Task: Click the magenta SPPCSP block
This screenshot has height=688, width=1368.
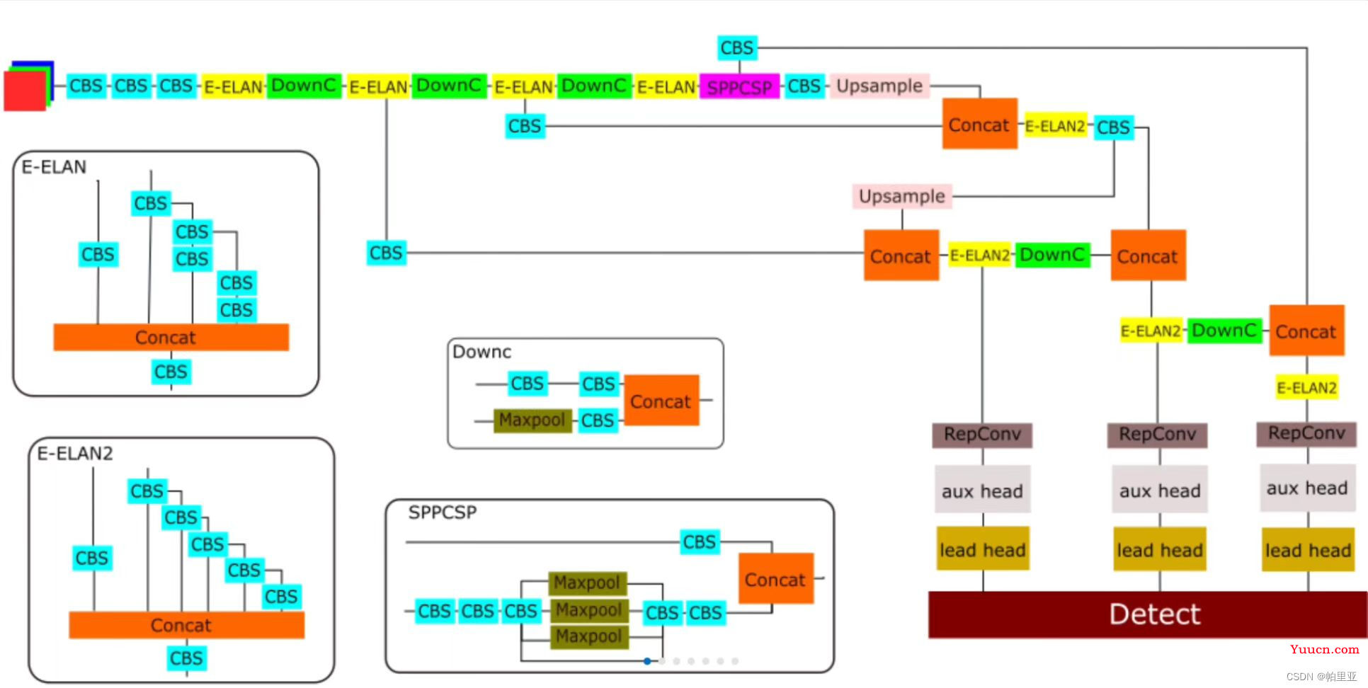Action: coord(739,87)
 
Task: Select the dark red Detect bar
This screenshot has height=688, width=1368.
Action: coord(1147,614)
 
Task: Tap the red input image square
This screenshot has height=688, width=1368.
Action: coord(24,91)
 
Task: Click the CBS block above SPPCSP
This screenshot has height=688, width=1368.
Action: coord(737,48)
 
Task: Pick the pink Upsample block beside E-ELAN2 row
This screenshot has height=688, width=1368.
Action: coord(902,196)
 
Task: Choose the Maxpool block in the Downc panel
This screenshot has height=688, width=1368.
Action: coord(532,420)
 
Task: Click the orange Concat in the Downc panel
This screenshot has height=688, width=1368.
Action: coord(661,401)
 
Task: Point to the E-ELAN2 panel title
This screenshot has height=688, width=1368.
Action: coord(75,454)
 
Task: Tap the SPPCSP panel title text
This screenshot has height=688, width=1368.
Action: coord(443,512)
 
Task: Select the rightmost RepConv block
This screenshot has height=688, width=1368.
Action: coord(1306,433)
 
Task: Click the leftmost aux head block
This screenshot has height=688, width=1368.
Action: coord(982,491)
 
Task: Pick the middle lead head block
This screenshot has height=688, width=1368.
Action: coord(1159,550)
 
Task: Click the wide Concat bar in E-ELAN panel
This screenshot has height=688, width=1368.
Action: coord(171,338)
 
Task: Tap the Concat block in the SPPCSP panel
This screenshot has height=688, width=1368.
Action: coord(775,580)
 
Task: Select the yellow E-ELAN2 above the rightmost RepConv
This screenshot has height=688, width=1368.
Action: coord(1306,388)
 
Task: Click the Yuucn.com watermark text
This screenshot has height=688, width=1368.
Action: coord(1324,649)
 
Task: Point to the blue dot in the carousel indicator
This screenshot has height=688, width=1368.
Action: coord(647,661)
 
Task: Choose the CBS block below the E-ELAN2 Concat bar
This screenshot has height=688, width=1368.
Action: coord(186,658)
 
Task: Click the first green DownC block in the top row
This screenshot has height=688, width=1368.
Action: coord(304,86)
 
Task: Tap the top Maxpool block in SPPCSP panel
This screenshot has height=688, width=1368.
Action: coord(587,583)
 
